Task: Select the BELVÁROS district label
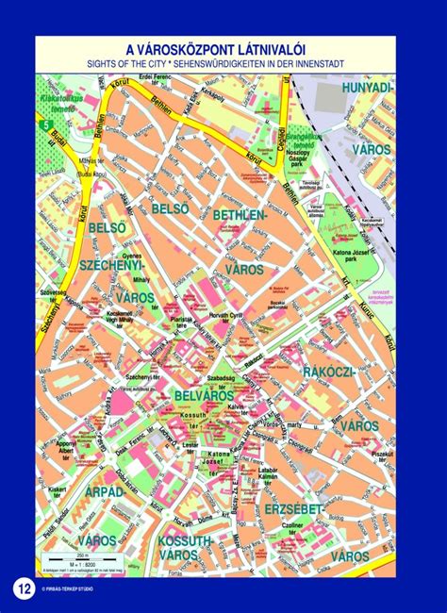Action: pos(204,396)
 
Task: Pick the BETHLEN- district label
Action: pos(240,216)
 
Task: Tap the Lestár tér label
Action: pos(190,446)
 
